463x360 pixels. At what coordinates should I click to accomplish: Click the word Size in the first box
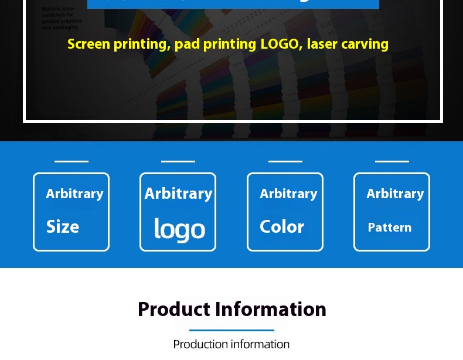pos(63,227)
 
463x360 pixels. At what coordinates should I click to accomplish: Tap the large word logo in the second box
pos(179,229)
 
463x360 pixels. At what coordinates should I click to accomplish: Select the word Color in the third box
pos(282,227)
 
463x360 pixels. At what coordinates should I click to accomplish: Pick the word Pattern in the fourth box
pos(390,227)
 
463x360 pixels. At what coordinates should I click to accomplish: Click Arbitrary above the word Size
pos(74,193)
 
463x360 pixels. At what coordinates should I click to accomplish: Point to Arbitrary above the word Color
pos(288,193)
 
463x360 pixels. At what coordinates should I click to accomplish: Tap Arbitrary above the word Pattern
pos(395,193)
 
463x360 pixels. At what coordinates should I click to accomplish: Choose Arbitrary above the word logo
pos(178,193)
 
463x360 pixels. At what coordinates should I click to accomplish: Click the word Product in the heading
pos(173,309)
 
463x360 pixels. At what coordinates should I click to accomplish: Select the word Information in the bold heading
pos(271,309)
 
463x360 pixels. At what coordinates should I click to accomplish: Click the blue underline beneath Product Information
pos(231,330)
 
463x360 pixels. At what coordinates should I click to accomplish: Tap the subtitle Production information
pos(231,344)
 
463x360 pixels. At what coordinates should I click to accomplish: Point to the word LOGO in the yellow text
pos(281,44)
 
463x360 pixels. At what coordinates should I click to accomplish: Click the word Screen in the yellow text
pos(88,44)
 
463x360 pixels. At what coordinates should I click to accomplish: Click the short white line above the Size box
pos(72,161)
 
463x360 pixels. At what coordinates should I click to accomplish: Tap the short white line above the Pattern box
pos(392,161)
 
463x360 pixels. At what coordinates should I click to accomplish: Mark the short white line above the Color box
pos(285,161)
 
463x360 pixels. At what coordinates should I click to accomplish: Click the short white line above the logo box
pos(178,161)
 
